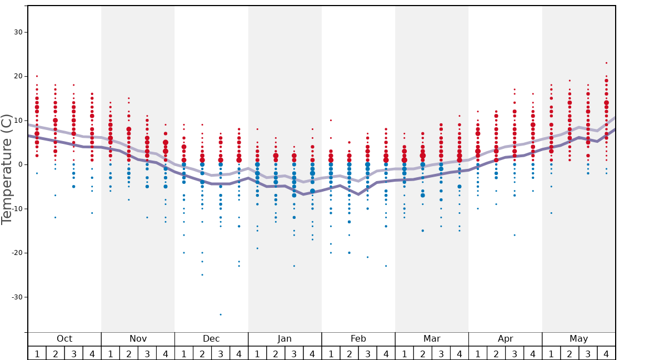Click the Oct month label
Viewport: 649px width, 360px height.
click(x=64, y=339)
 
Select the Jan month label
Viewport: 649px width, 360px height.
click(x=284, y=339)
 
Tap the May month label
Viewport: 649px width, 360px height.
click(x=578, y=339)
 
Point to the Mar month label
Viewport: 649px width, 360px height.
click(x=432, y=339)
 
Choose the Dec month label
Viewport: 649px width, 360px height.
click(x=211, y=339)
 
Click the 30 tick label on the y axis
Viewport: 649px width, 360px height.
click(x=18, y=32)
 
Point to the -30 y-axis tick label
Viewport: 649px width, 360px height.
click(x=17, y=297)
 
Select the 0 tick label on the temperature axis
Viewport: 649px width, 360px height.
click(x=19, y=164)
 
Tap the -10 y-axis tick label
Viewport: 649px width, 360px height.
click(x=17, y=209)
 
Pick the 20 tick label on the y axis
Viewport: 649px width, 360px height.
click(x=18, y=76)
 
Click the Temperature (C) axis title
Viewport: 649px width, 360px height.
click(x=7, y=169)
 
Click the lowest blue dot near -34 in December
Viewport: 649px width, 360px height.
click(x=221, y=314)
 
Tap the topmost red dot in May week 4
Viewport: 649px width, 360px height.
click(x=606, y=63)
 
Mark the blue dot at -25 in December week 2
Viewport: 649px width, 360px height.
click(x=202, y=274)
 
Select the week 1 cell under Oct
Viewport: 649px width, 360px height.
click(x=37, y=353)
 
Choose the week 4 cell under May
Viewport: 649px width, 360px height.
click(x=606, y=353)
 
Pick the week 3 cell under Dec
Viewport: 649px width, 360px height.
click(x=221, y=353)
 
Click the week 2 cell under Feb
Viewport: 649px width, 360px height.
click(x=349, y=353)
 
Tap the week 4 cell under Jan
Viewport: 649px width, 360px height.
click(x=312, y=353)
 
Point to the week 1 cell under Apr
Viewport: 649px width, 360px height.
click(x=478, y=353)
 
